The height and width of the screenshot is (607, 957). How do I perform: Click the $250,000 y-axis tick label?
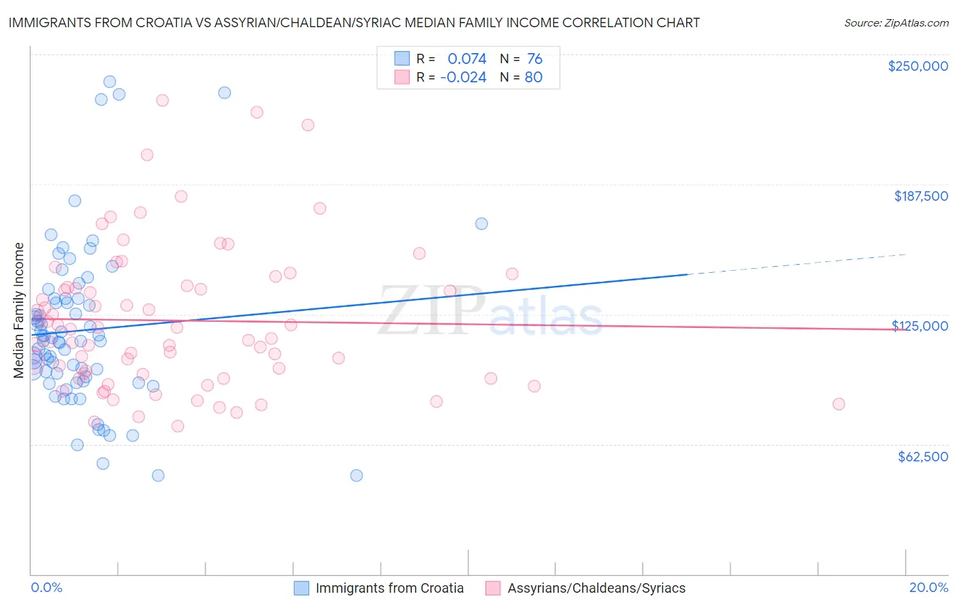[918, 66]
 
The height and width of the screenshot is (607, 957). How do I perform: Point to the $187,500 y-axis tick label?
[920, 196]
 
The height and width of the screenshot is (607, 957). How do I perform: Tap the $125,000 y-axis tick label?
[920, 326]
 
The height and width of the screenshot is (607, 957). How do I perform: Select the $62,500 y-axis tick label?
[923, 457]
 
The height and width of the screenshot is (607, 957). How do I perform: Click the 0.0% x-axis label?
[46, 587]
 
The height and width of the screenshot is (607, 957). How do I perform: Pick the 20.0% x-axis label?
[928, 587]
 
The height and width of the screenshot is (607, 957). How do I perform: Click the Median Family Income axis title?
[19, 310]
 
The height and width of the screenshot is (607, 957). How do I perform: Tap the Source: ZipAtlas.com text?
[896, 23]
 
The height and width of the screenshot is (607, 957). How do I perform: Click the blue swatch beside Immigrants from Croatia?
[302, 588]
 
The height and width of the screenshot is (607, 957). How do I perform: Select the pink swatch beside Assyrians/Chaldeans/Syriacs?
[493, 588]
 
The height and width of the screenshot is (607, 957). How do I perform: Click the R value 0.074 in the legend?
[467, 59]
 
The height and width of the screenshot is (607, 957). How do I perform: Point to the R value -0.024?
[463, 78]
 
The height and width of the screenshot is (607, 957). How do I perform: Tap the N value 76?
[534, 59]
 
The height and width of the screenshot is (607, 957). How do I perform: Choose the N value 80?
[534, 78]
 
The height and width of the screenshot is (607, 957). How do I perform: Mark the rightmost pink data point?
[839, 404]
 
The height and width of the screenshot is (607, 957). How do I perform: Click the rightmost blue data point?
[481, 224]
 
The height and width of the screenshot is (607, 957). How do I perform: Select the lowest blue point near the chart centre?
[356, 476]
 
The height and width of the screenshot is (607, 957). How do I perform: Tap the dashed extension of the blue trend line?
[796, 265]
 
